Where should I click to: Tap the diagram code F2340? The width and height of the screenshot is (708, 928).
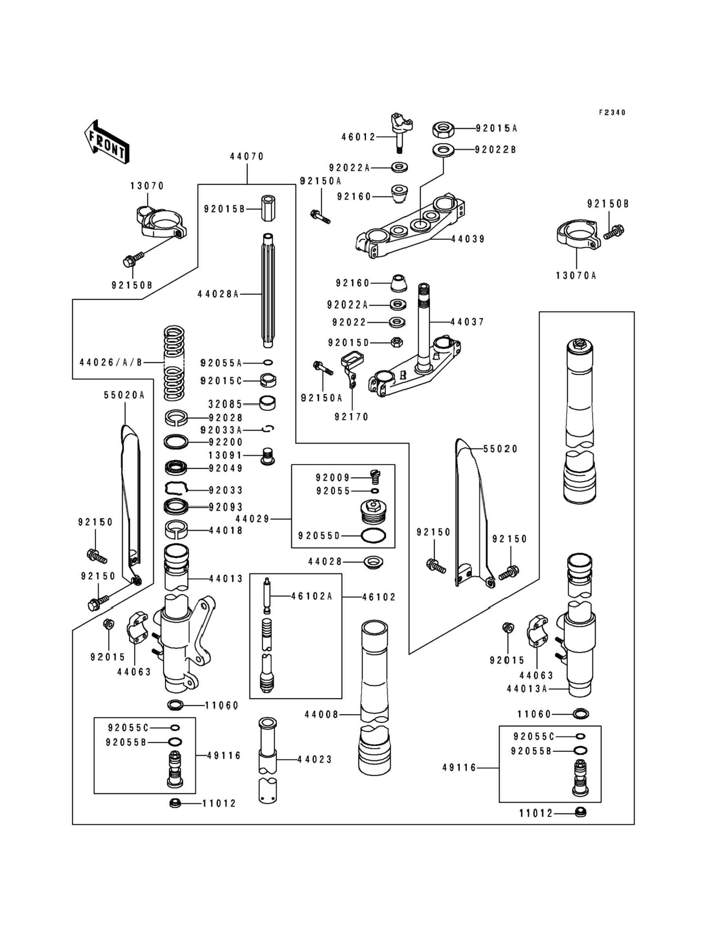(612, 113)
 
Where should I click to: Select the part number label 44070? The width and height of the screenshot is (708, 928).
(247, 156)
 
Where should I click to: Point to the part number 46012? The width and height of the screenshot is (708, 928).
(358, 137)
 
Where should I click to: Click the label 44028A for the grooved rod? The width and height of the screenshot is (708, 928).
(218, 294)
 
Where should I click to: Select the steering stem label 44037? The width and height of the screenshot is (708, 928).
(467, 322)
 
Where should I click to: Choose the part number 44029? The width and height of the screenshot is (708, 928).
(252, 519)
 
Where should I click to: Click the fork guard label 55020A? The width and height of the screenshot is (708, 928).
(124, 395)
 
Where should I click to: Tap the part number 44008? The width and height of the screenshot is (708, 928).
(321, 715)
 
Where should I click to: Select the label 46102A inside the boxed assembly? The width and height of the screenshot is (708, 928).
(312, 596)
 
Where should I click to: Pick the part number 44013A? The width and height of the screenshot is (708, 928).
(527, 689)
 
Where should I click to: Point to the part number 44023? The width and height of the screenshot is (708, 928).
(315, 759)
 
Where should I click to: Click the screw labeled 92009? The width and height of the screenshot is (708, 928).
(375, 476)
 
